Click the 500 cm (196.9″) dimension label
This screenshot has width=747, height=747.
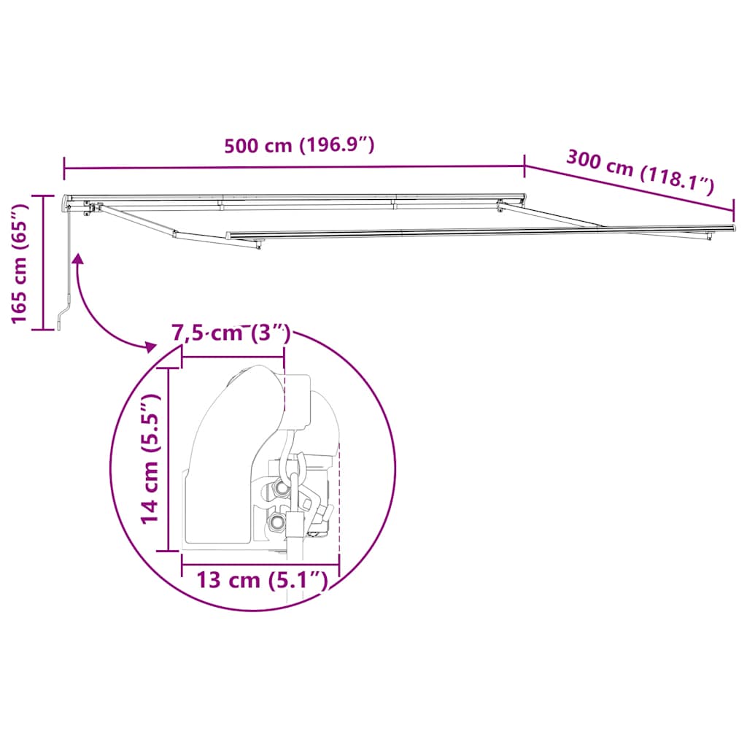pos(299,145)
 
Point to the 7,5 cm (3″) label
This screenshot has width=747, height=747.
pos(231,333)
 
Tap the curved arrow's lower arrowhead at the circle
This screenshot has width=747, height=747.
pos(149,346)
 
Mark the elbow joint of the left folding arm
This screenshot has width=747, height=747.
pos(175,234)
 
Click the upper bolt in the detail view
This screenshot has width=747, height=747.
pos(280,488)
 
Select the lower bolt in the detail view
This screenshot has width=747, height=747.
pos(276,522)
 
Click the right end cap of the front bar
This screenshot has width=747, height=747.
pos(732,229)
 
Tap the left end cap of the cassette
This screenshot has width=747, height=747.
pos(67,200)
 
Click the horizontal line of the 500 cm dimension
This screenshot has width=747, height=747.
pos(292,168)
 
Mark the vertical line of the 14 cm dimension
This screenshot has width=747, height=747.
pos(169,460)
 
